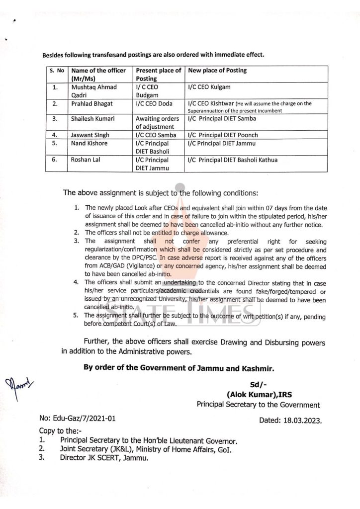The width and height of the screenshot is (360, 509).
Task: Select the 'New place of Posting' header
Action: (x=217, y=71)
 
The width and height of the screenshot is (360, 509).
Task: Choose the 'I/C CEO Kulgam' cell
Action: (x=209, y=87)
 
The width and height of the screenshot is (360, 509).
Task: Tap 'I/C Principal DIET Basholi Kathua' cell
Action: (x=233, y=160)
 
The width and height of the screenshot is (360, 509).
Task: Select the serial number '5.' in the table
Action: (x=55, y=144)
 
